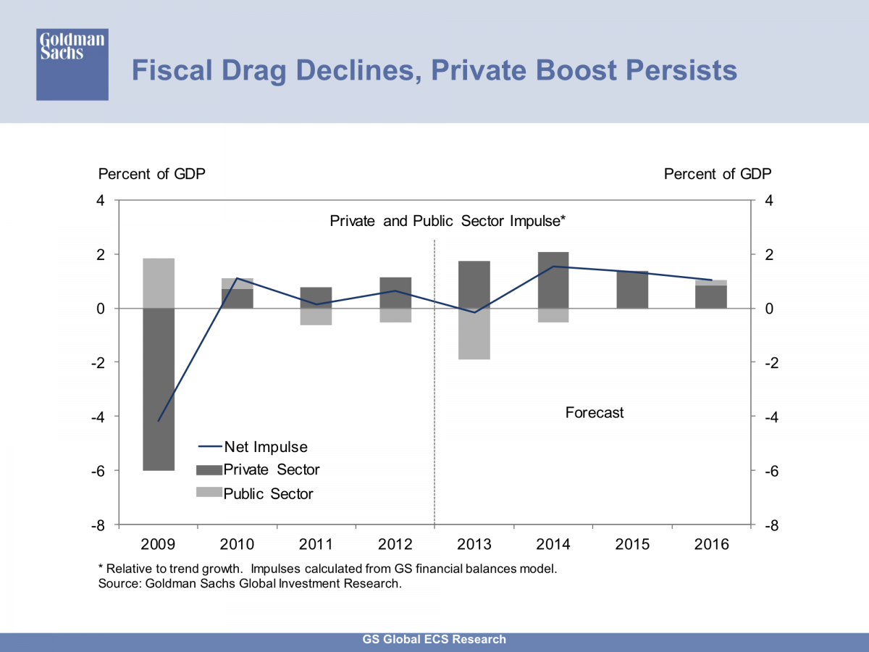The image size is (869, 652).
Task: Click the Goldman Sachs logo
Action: [x=72, y=64]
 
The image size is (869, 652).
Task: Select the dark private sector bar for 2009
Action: [x=159, y=389]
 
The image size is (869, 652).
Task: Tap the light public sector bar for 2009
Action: [x=159, y=283]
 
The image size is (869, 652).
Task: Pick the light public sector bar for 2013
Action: [x=474, y=334]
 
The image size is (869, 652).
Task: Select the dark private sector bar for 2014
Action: [x=553, y=280]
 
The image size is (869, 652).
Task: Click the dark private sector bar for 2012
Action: [x=395, y=293]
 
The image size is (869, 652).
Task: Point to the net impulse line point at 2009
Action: [x=159, y=420]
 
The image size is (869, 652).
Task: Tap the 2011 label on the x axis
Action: [x=316, y=545]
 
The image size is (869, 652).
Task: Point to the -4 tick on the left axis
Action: [x=104, y=417]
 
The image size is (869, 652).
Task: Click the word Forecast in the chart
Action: [x=594, y=413]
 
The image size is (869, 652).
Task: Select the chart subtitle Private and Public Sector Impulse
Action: [x=447, y=221]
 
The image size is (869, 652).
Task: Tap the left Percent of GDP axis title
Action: [x=151, y=174]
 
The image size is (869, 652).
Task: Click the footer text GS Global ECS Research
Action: [x=434, y=640]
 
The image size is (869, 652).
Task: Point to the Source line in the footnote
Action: [x=249, y=583]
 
